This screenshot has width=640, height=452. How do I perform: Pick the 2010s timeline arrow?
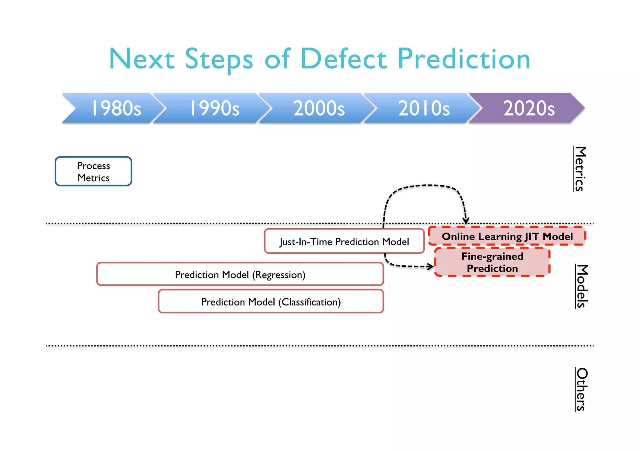[423, 108]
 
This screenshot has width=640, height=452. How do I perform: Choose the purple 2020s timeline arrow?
[528, 108]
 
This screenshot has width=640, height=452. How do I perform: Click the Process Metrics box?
[93, 171]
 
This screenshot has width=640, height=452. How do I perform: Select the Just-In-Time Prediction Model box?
[344, 241]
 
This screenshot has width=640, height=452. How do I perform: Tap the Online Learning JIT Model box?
[507, 236]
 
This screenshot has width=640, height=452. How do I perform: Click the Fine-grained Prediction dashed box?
[492, 262]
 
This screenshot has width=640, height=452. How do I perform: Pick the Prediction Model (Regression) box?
[240, 274]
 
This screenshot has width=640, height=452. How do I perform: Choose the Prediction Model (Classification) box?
[271, 301]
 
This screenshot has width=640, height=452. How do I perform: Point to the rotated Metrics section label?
[580, 169]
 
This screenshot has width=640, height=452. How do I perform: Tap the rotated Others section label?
[581, 389]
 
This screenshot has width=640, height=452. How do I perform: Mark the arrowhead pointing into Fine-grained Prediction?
[431, 266]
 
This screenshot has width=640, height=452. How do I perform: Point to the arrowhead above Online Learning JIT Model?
[466, 220]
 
